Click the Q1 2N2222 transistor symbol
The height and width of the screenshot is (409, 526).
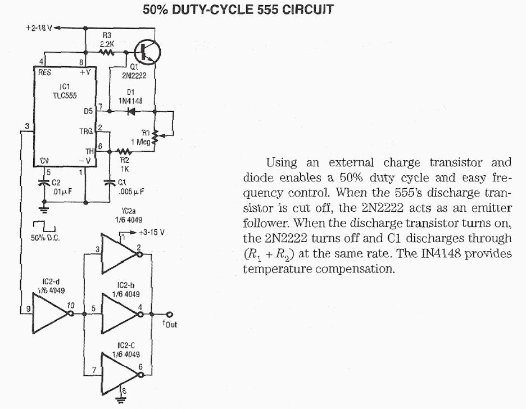coord(147,51)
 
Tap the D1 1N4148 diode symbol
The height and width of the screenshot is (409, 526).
coord(130,111)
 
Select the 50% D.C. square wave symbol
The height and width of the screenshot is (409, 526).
coord(43,227)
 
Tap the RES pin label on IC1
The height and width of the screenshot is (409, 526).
coord(44,72)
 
